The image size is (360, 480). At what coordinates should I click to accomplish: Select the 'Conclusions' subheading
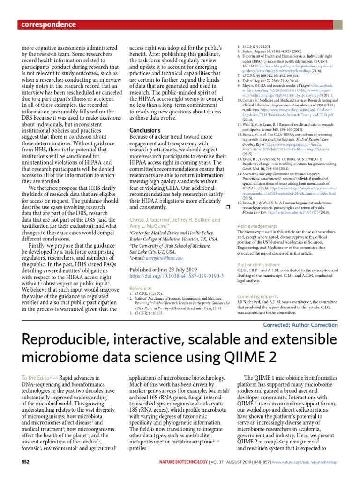(x=145, y=130)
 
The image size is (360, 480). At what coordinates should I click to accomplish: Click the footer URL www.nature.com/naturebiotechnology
(x=305, y=462)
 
